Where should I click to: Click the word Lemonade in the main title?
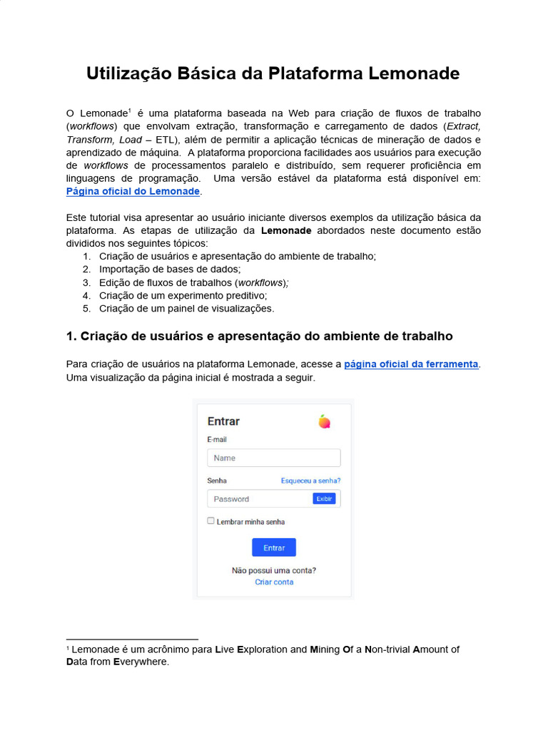(415, 74)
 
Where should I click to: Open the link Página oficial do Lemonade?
(133, 192)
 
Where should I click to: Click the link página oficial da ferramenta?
(411, 364)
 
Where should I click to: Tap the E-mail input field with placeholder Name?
(274, 458)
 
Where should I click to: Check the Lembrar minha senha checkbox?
(211, 521)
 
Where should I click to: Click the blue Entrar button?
(274, 547)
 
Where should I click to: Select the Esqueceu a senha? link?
(310, 481)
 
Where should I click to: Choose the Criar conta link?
(274, 582)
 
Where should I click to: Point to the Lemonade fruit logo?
(325, 421)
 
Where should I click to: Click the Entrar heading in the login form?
(223, 421)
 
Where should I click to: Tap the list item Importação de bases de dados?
(170, 269)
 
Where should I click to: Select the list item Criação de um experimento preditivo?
(183, 295)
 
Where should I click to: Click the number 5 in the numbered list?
(86, 309)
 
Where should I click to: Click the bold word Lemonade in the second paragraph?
(286, 231)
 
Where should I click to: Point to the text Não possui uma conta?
(274, 570)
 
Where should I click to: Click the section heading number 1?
(70, 336)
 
